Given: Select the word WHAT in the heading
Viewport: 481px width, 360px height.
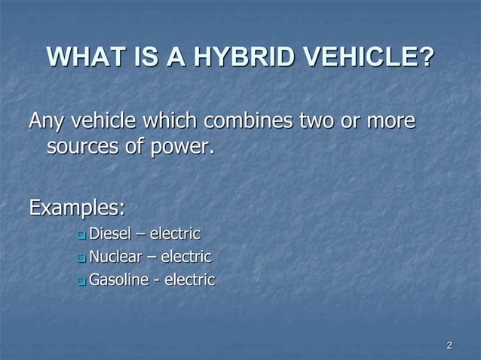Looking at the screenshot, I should click(x=81, y=57).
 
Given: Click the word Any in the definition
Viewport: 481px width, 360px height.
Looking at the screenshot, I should click(x=46, y=121).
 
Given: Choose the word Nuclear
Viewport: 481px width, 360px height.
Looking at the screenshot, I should click(x=115, y=257).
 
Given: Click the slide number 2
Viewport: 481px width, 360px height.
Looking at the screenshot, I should click(x=449, y=346).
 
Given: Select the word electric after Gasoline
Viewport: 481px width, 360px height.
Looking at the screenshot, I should click(x=189, y=281).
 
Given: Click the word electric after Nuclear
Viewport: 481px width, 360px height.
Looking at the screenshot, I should click(x=186, y=257).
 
